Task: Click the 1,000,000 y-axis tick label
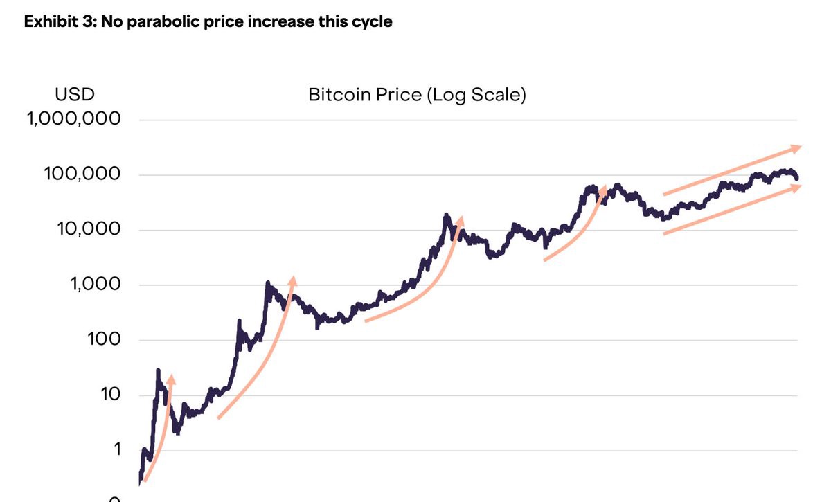(74, 119)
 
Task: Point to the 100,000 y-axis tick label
(82, 174)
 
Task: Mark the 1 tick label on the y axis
(117, 449)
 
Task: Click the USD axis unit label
(75, 94)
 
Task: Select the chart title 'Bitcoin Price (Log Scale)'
(417, 94)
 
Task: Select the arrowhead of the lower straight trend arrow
(797, 187)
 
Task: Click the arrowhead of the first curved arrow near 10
(171, 378)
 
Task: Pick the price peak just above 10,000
(447, 215)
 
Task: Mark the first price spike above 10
(158, 370)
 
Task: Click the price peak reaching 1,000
(267, 283)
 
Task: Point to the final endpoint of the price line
(796, 179)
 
